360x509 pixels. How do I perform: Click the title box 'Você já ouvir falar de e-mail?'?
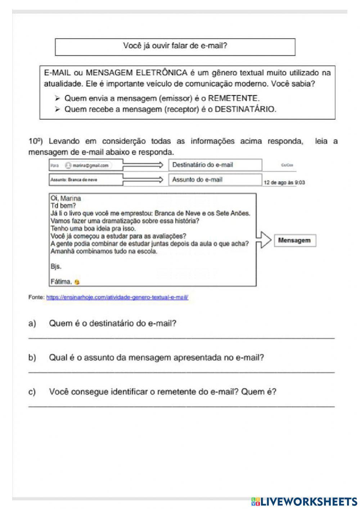click(x=175, y=47)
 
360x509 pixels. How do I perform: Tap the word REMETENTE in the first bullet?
click(x=233, y=98)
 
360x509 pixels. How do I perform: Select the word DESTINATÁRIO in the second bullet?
click(x=245, y=110)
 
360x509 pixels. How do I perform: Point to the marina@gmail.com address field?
click(x=88, y=165)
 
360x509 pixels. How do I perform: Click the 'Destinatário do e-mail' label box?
click(x=215, y=165)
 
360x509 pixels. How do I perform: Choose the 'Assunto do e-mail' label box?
click(x=215, y=180)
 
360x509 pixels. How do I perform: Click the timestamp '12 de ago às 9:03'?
click(x=284, y=183)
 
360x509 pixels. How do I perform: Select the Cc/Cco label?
click(x=287, y=165)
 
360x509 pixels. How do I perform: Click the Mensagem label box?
click(x=294, y=241)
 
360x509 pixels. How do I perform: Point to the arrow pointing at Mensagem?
click(x=264, y=240)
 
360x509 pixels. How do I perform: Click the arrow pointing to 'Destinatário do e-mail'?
click(x=143, y=165)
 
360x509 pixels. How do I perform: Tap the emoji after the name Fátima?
click(x=77, y=282)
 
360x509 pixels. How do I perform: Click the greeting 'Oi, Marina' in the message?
click(x=66, y=198)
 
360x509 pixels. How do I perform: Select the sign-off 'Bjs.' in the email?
click(x=56, y=267)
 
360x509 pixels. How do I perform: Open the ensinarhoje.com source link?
click(x=117, y=298)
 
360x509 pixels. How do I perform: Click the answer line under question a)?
click(x=181, y=337)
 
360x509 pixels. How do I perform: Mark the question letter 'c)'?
click(x=32, y=392)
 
